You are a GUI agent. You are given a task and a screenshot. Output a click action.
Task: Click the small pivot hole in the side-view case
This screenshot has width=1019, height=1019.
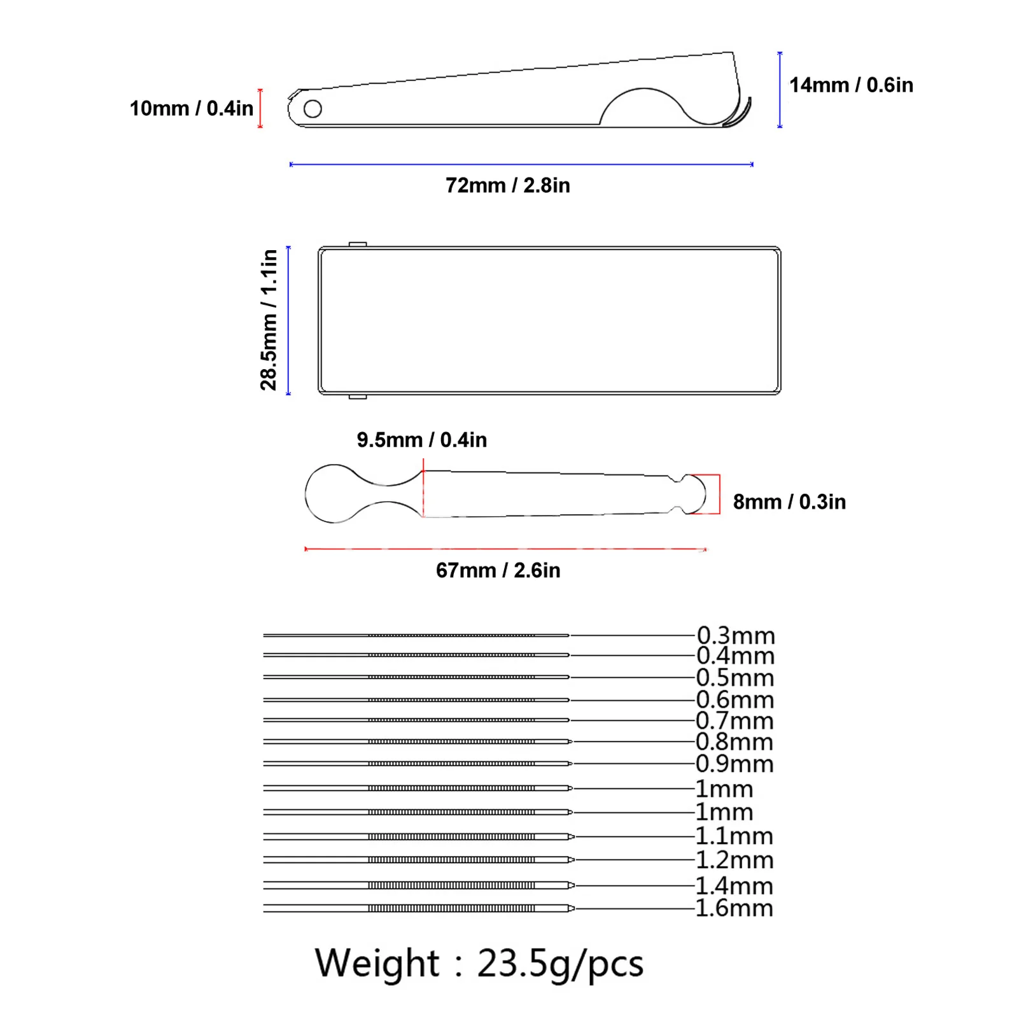pos(313,109)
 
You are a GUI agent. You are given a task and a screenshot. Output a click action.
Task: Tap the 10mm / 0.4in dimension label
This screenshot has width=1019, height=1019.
pos(192,108)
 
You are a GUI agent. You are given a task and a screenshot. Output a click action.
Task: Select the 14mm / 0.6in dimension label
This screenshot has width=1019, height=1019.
pos(851,85)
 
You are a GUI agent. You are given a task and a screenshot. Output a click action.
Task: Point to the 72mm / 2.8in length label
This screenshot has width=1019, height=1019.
pos(507,185)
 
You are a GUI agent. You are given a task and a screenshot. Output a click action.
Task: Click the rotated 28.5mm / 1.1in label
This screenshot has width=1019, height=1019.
pos(269,320)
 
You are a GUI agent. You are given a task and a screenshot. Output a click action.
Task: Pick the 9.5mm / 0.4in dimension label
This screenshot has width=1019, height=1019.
pos(421,440)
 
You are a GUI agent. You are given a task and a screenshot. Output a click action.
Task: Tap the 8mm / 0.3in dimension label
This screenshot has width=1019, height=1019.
pos(789,502)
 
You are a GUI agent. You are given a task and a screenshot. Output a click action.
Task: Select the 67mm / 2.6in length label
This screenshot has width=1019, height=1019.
pos(498,570)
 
